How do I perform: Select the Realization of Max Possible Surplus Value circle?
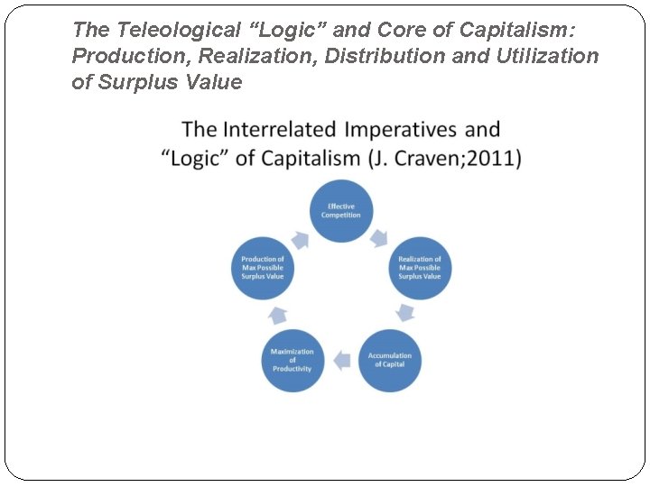[x=420, y=268]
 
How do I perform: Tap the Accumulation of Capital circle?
[x=390, y=360]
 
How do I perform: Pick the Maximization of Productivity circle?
[x=292, y=360]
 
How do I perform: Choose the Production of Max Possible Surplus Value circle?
[x=263, y=268]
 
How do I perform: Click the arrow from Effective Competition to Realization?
[x=379, y=237]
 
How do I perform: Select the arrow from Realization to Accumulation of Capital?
[x=406, y=313]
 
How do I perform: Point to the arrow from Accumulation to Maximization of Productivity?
[x=341, y=361]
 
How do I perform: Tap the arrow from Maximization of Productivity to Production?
[x=278, y=314]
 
